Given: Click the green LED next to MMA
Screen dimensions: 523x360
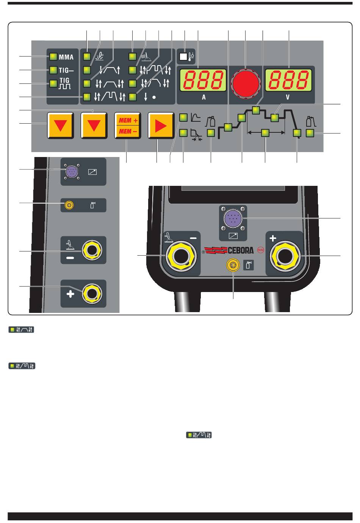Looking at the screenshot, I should point(53,57).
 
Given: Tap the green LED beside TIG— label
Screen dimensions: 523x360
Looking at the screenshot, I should point(53,70).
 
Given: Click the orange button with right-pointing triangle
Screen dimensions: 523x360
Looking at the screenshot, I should point(160,126).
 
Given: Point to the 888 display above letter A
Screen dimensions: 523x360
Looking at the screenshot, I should point(203,80).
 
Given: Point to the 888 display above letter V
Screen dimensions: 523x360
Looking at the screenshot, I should point(288,80).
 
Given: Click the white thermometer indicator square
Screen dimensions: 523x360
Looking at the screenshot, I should point(184,57).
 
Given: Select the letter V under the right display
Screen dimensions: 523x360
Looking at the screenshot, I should point(288,97).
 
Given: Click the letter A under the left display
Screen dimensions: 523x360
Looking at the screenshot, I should point(203,97).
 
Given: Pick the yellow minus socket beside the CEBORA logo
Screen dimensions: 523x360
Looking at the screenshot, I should point(180,257).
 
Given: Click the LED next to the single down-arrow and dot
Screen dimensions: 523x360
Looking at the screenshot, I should point(132,97).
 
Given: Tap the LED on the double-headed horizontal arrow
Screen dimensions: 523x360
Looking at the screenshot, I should point(266,132).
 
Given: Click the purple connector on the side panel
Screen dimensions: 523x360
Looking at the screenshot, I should point(71,172).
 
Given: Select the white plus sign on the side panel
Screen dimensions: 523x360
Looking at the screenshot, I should point(70,294).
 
